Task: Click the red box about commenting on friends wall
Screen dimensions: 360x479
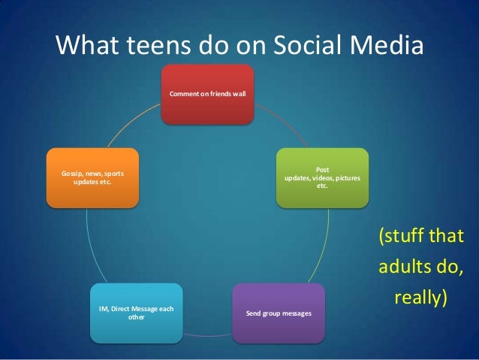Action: coord(209,94)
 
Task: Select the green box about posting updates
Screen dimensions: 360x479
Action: coord(322,177)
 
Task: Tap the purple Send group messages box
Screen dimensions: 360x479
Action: coord(279,312)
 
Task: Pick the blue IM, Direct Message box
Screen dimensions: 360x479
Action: coord(137,312)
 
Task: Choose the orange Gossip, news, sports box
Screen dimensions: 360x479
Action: coord(92,177)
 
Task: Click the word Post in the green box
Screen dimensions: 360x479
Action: coord(323,169)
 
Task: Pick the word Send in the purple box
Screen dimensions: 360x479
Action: coord(255,312)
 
